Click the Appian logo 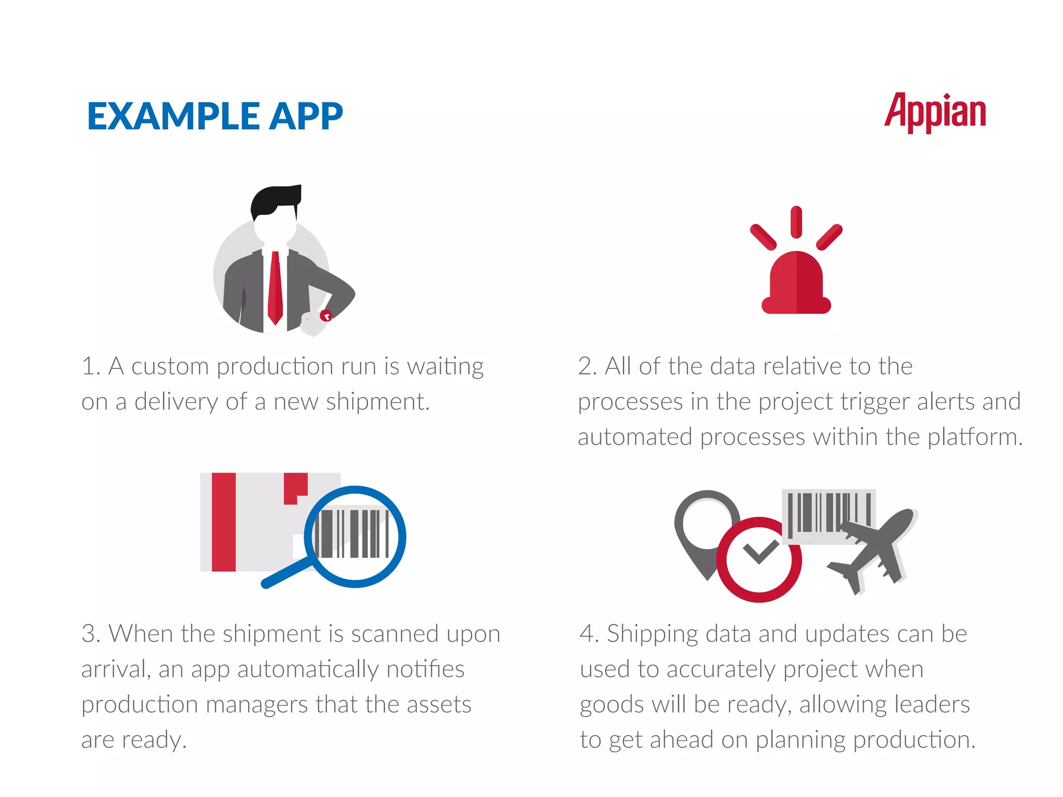[x=935, y=112]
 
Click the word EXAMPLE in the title [x=173, y=116]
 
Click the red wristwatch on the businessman [x=325, y=315]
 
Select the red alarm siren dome [x=796, y=283]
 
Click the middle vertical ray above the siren [x=796, y=222]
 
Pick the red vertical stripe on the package [x=224, y=521]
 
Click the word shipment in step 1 [x=376, y=402]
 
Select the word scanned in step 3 [x=395, y=634]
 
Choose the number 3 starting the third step [x=90, y=634]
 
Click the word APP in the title [x=306, y=116]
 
